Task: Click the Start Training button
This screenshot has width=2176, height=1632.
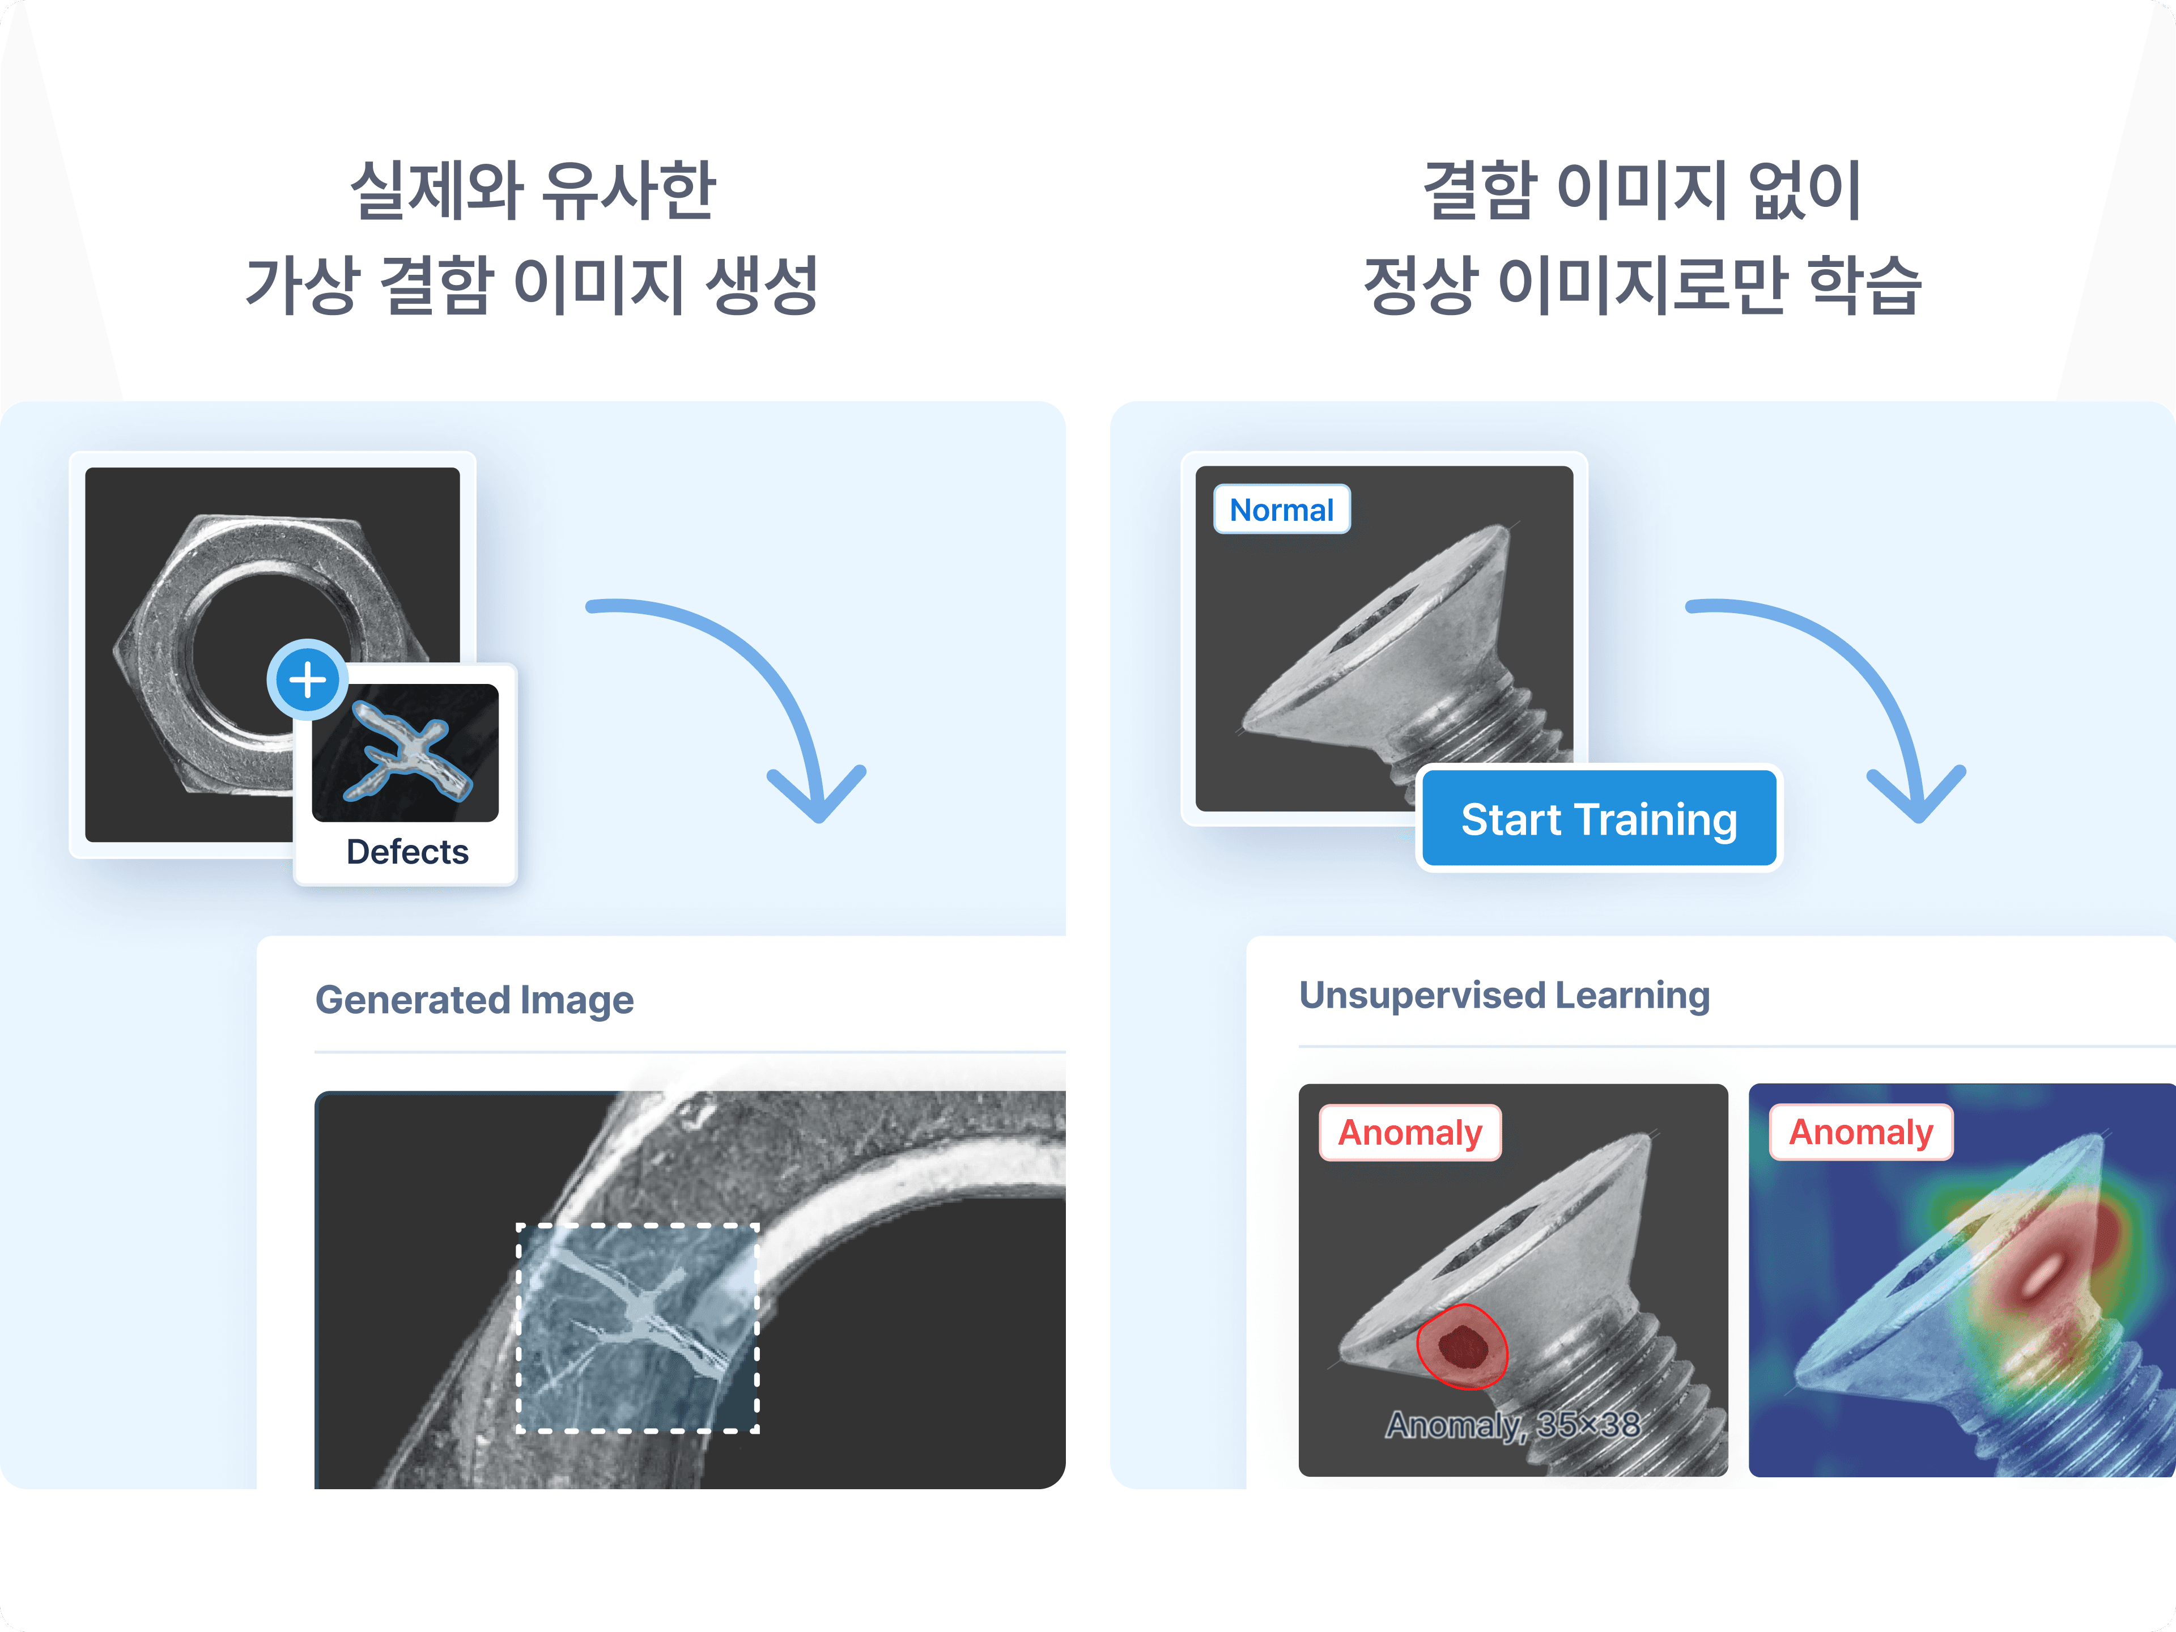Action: tap(1599, 818)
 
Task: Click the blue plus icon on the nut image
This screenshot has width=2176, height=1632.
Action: tap(307, 680)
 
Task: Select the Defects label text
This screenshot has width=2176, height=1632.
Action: tap(407, 852)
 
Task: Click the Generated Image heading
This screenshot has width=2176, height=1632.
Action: tap(474, 1000)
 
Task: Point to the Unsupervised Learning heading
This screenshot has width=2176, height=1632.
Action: tap(1504, 996)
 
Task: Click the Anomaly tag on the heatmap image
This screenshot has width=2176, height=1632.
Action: tap(1860, 1132)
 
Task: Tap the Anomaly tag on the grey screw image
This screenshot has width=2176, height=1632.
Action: tap(1410, 1132)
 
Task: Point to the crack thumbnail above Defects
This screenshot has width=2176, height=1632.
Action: tap(405, 753)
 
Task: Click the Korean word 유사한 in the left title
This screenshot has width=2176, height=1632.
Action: tap(630, 190)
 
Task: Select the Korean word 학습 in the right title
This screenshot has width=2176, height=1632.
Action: tap(1865, 285)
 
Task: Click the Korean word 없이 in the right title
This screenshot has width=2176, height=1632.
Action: tap(1805, 190)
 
